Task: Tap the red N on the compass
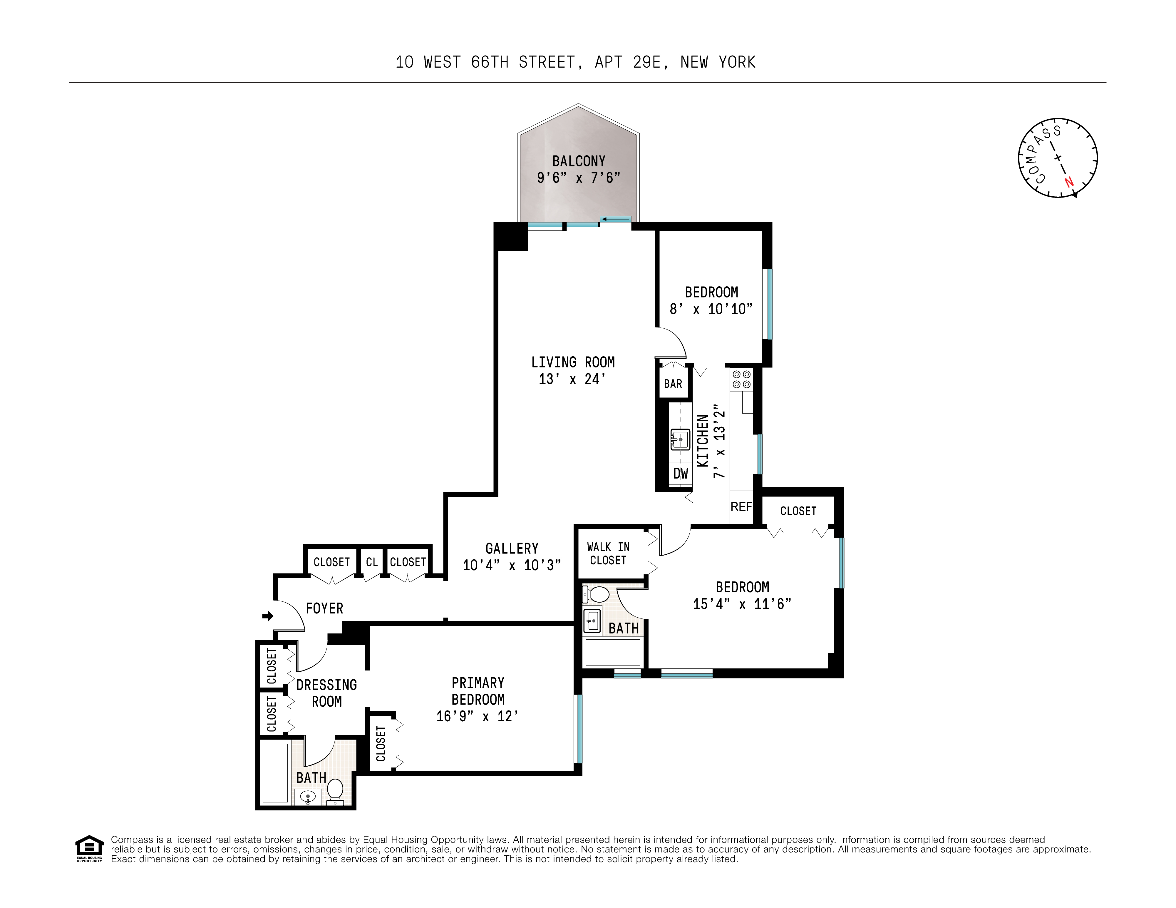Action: pyautogui.click(x=1068, y=183)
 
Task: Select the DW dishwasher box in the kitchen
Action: pyautogui.click(x=681, y=473)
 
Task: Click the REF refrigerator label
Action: pyautogui.click(x=741, y=507)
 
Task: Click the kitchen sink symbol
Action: pyautogui.click(x=680, y=439)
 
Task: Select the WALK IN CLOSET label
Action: pyautogui.click(x=608, y=554)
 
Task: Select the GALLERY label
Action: pyautogui.click(x=512, y=548)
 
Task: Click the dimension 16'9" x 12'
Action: pyautogui.click(x=477, y=716)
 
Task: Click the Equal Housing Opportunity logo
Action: pyautogui.click(x=89, y=848)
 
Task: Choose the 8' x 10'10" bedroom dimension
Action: pyautogui.click(x=711, y=309)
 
